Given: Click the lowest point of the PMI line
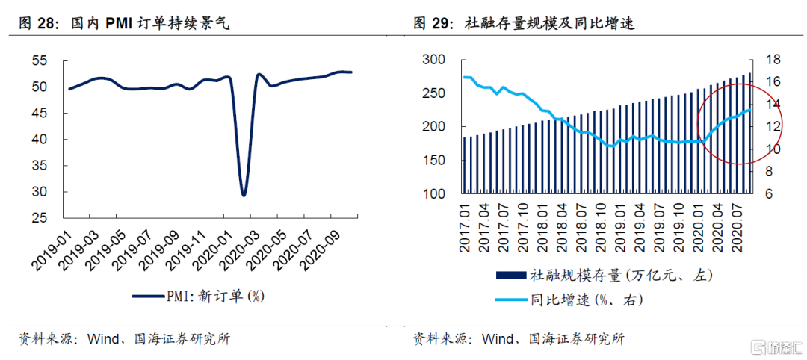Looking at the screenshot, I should (244, 195).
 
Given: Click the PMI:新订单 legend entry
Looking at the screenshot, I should (199, 297).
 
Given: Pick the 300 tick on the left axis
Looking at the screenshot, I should (434, 60).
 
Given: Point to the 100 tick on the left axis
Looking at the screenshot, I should (434, 194).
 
